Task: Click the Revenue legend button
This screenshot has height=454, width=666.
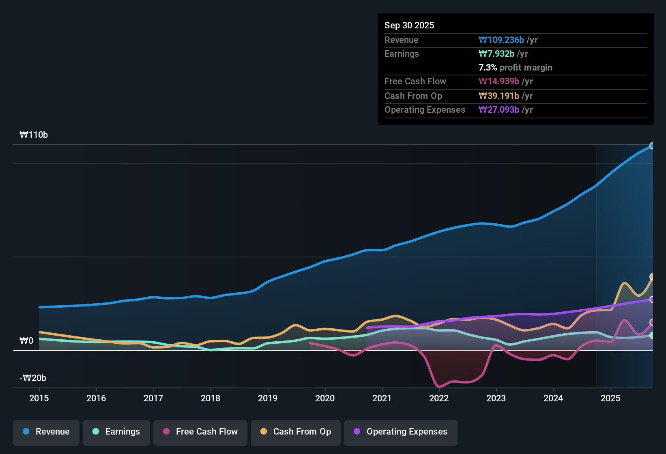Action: coord(46,432)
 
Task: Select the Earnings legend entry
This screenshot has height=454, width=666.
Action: coord(116,432)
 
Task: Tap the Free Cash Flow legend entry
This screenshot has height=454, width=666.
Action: coord(200,432)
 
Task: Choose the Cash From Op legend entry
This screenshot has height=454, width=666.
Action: coord(296,432)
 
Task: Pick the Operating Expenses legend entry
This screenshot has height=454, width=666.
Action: coord(401,432)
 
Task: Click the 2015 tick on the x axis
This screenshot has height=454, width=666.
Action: coord(39,398)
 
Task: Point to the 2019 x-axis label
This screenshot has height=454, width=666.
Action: coord(268,398)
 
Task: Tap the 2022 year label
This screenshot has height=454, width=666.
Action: coord(439,398)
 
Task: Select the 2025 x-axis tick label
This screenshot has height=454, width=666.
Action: coord(610,398)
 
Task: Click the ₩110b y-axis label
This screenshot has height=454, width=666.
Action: coord(34,135)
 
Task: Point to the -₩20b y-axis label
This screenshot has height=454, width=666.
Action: coord(33,378)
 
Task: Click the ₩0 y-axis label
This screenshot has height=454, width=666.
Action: coord(26,341)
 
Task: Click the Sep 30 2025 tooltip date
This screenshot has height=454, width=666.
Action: coord(409,25)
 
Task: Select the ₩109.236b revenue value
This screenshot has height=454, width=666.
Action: coord(501,40)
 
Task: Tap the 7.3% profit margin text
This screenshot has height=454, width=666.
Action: coord(515,67)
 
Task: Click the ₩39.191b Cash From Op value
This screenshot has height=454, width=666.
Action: coord(499,96)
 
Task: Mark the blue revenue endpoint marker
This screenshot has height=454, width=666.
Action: coord(652,146)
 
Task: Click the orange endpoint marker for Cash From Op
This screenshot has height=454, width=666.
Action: coord(652,277)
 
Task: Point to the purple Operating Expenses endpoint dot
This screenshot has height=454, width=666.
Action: coord(652,300)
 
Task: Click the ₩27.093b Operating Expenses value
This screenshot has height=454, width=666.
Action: coord(499,109)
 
